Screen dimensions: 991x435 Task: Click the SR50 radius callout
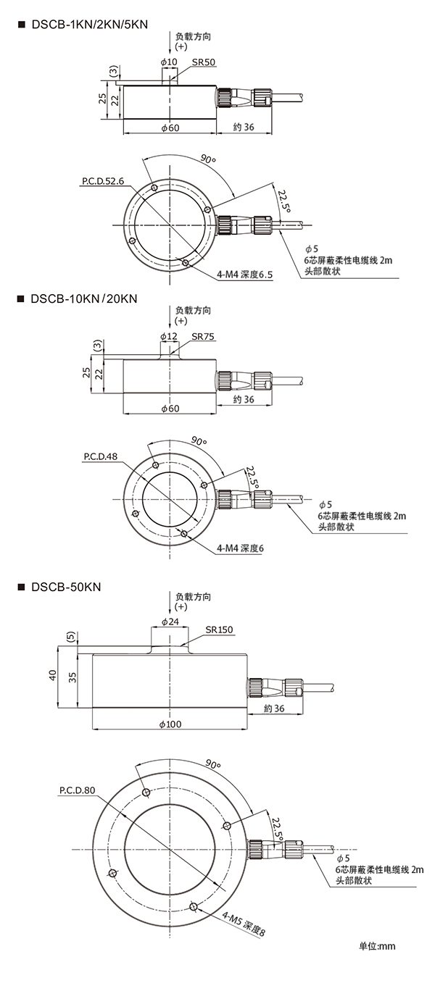pos(204,62)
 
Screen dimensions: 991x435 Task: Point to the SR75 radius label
pos(204,337)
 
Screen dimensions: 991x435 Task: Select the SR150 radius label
pos(219,630)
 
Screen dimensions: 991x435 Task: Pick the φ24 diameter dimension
pos(170,622)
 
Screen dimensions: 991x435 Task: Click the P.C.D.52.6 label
pos(103,180)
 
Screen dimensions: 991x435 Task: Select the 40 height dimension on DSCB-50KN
pos(52,675)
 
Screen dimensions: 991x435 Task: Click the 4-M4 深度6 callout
pos(241,548)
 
